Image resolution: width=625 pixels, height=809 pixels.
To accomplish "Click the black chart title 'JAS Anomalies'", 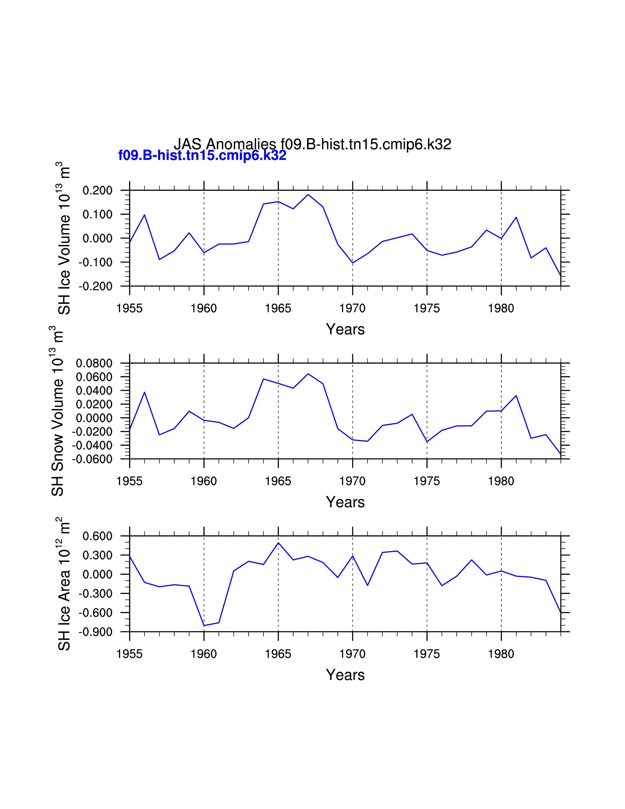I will coord(225,144).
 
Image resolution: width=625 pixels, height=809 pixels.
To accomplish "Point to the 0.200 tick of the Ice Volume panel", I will coord(97,191).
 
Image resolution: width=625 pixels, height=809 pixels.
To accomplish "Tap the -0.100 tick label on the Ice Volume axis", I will coord(96,262).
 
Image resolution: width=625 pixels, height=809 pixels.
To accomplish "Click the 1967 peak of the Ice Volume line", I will coord(308,194).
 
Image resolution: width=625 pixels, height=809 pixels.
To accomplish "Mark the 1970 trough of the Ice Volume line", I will coord(352,263).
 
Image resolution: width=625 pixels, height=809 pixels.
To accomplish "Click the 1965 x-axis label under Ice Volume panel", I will coord(278,308).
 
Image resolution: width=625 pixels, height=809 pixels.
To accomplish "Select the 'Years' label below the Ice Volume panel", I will coord(345,329).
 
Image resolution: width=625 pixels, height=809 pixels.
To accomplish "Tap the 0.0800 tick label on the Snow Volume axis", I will coord(94,363).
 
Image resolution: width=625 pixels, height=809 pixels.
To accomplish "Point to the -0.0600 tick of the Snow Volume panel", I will coord(92,459).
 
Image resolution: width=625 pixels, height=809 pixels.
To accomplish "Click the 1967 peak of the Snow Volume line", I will coord(308,374).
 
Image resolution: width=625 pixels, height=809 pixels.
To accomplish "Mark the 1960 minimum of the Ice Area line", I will coord(204,626).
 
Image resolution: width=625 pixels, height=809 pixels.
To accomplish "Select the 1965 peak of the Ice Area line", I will coord(278,543).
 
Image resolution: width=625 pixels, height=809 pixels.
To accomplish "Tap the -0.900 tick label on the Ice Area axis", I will coord(96,632).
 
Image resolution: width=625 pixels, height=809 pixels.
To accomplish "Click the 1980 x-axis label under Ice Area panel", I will coord(501,654).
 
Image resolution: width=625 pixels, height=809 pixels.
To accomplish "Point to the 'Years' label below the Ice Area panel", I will coord(345,675).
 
